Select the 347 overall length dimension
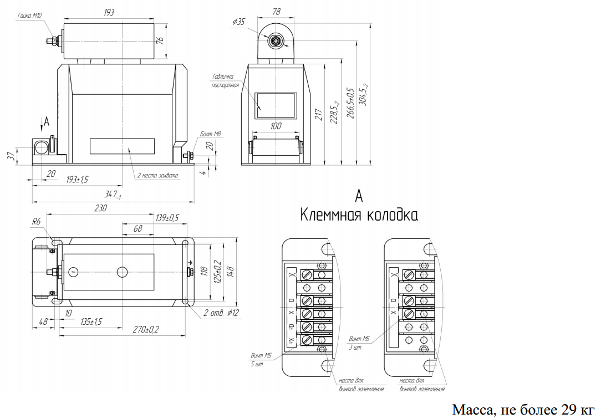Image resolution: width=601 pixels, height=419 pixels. (x=113, y=195)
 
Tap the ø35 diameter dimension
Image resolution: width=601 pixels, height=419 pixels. (x=240, y=22)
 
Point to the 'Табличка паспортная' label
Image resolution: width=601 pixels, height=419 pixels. (x=225, y=81)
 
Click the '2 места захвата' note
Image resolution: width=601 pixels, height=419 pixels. (x=158, y=176)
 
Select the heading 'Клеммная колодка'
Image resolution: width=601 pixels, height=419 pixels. (x=359, y=215)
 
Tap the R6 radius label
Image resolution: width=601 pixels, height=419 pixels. (x=37, y=221)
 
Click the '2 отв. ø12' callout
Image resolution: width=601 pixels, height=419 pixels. (x=220, y=313)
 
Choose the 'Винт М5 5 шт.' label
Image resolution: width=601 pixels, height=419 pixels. (x=261, y=360)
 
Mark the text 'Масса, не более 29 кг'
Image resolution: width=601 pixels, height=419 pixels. (x=523, y=410)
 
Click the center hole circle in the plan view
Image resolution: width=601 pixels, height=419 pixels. (x=122, y=272)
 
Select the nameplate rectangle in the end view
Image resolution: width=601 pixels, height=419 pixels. (x=276, y=106)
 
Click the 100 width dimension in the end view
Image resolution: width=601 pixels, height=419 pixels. (x=276, y=126)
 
